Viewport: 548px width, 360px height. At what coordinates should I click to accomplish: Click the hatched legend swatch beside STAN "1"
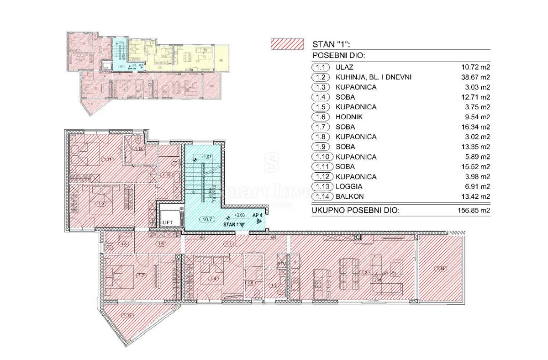coord(287,44)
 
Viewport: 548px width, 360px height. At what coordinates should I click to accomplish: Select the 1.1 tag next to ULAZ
coord(320,68)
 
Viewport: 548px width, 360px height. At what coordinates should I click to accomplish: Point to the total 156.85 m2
coord(471,211)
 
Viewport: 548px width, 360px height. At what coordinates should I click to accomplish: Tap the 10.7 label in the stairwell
coord(206,219)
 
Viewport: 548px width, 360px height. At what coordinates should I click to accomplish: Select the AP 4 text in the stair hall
coord(258,215)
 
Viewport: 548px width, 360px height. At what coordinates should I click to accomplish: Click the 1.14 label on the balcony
coord(441,269)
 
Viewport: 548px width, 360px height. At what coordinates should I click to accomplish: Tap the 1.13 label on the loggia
coord(128,315)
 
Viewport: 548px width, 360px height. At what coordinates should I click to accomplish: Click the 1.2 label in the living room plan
coord(364,273)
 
